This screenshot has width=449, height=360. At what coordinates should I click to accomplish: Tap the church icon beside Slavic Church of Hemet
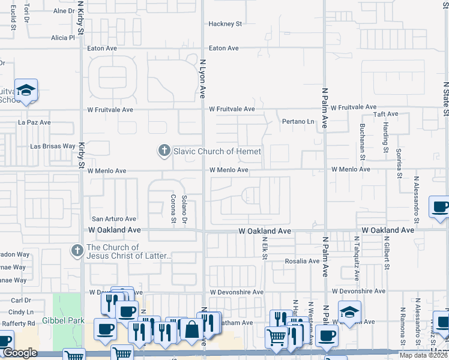(164, 151)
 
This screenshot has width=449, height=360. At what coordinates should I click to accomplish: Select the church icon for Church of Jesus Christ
(77, 251)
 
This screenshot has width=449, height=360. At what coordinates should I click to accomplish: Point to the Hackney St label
(224, 24)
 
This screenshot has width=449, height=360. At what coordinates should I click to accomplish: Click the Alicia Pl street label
(62, 37)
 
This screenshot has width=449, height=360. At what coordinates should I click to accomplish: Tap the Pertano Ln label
(298, 122)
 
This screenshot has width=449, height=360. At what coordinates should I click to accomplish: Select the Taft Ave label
(386, 114)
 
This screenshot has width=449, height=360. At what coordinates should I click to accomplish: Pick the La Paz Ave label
(34, 122)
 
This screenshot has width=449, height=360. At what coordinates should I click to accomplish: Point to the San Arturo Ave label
(114, 219)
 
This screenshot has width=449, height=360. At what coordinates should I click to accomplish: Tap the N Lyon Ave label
(203, 78)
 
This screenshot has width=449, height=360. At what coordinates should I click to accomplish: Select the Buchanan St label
(363, 142)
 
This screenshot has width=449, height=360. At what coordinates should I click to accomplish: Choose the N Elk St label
(264, 248)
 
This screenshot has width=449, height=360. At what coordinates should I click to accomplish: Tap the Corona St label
(173, 208)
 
